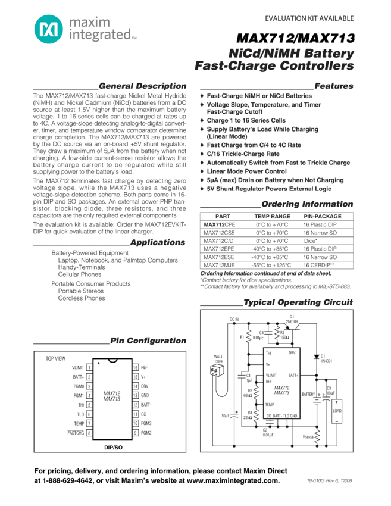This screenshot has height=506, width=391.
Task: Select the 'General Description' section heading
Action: coord(142,86)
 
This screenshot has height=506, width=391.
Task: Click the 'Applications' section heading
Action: coord(157,243)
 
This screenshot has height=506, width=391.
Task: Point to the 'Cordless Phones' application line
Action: coord(82,298)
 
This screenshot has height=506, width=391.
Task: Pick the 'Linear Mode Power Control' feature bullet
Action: coord(246,171)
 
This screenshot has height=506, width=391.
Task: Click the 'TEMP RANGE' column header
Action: coord(272,217)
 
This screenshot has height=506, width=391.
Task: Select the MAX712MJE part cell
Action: coord(219,265)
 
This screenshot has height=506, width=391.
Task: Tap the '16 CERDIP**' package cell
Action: coord(318,265)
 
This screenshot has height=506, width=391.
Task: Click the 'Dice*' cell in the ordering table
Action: coord(311,240)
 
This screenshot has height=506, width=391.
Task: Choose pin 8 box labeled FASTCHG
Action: coord(89,433)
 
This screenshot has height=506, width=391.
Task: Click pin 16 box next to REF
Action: coord(136,368)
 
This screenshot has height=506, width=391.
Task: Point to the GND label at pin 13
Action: coord(145,395)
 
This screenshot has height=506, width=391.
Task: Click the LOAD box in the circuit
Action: coord(337,411)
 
